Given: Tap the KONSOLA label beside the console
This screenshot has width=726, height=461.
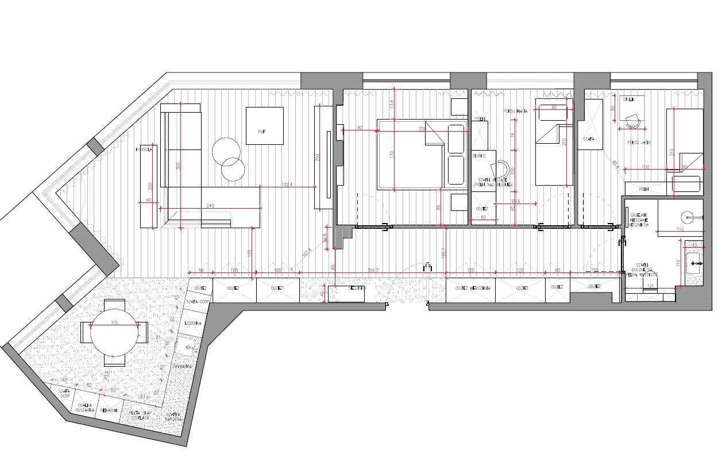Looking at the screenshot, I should click(x=144, y=149).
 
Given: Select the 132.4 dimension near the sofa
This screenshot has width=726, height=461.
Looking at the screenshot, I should click(x=287, y=185).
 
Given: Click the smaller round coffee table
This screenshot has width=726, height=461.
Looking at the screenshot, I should click(x=233, y=170).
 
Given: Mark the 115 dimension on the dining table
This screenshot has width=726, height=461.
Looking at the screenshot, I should click(x=114, y=324).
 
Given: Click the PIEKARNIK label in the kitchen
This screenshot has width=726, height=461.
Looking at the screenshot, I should click(x=109, y=410).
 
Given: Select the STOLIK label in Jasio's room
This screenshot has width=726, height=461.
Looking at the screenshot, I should click(x=629, y=99).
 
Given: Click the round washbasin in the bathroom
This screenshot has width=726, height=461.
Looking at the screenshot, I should click(x=688, y=217).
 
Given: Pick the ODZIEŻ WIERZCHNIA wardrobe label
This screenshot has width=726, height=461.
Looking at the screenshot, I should click(x=469, y=288).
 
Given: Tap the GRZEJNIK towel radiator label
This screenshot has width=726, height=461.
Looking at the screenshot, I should click(x=638, y=217).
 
